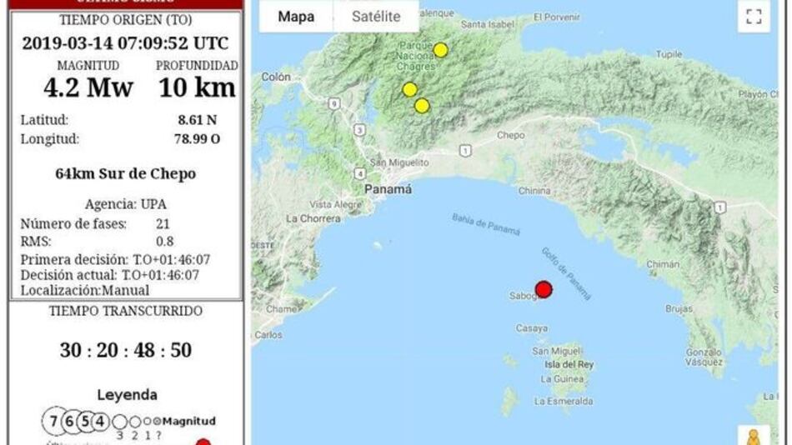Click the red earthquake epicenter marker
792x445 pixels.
coord(544,289)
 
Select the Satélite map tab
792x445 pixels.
coord(375,17)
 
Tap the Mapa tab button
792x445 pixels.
coord(296,17)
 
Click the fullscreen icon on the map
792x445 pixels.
coord(754,17)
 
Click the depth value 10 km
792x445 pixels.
coord(197,87)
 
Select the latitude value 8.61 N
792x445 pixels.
coord(197,120)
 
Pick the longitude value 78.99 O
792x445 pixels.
coord(193,139)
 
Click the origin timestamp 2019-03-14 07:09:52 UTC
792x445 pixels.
coord(125,43)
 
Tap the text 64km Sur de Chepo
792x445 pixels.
coord(126,174)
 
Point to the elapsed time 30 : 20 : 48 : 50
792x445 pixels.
coord(126,350)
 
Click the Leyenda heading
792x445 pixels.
coord(127,395)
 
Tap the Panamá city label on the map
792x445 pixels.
coord(388,190)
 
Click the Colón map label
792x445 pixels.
coord(275,77)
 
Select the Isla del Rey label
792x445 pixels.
coord(569,365)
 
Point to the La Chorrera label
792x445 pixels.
coord(313,218)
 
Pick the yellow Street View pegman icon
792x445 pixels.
coord(753,437)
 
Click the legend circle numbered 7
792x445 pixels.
coord(53,421)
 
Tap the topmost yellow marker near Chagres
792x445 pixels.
coord(440,50)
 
